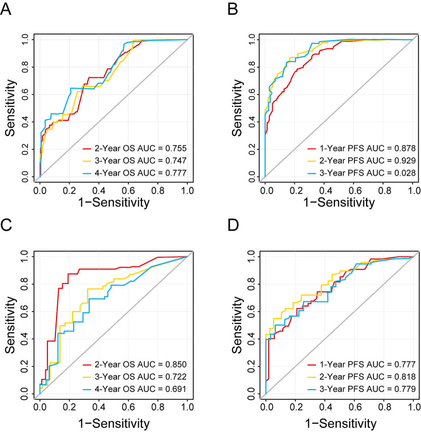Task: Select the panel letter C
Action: pyautogui.click(x=7, y=224)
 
